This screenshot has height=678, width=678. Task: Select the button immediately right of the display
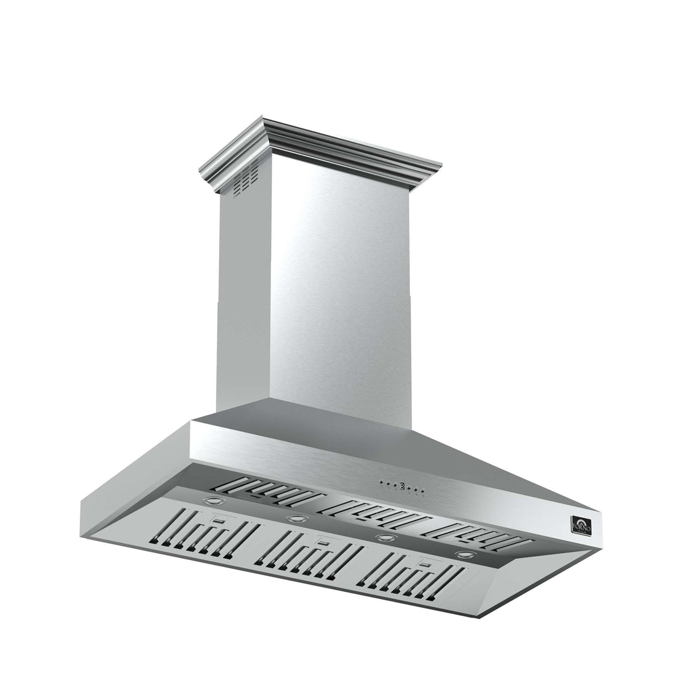coord(409,487)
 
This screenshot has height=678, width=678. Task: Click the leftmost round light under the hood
coord(214,502)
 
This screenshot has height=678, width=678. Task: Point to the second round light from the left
coord(297,519)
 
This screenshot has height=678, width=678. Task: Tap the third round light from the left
coord(384,537)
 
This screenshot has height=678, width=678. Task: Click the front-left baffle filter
coord(204,533)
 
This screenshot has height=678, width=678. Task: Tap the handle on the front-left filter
coord(220,519)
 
